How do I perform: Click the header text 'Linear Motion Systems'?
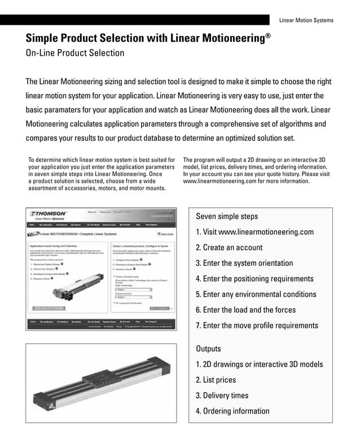[x=306, y=20]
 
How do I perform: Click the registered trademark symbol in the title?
[x=268, y=36]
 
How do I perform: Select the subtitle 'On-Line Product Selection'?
[x=75, y=54]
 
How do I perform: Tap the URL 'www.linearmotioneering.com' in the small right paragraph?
[x=221, y=182]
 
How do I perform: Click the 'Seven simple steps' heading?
[x=227, y=216]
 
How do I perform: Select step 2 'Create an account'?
[x=229, y=247]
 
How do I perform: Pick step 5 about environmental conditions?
[x=256, y=294]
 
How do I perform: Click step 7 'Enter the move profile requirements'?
[x=257, y=325]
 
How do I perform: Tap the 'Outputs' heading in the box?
[x=208, y=348]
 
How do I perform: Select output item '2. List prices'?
[x=216, y=380]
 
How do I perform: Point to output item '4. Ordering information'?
[x=232, y=411]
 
